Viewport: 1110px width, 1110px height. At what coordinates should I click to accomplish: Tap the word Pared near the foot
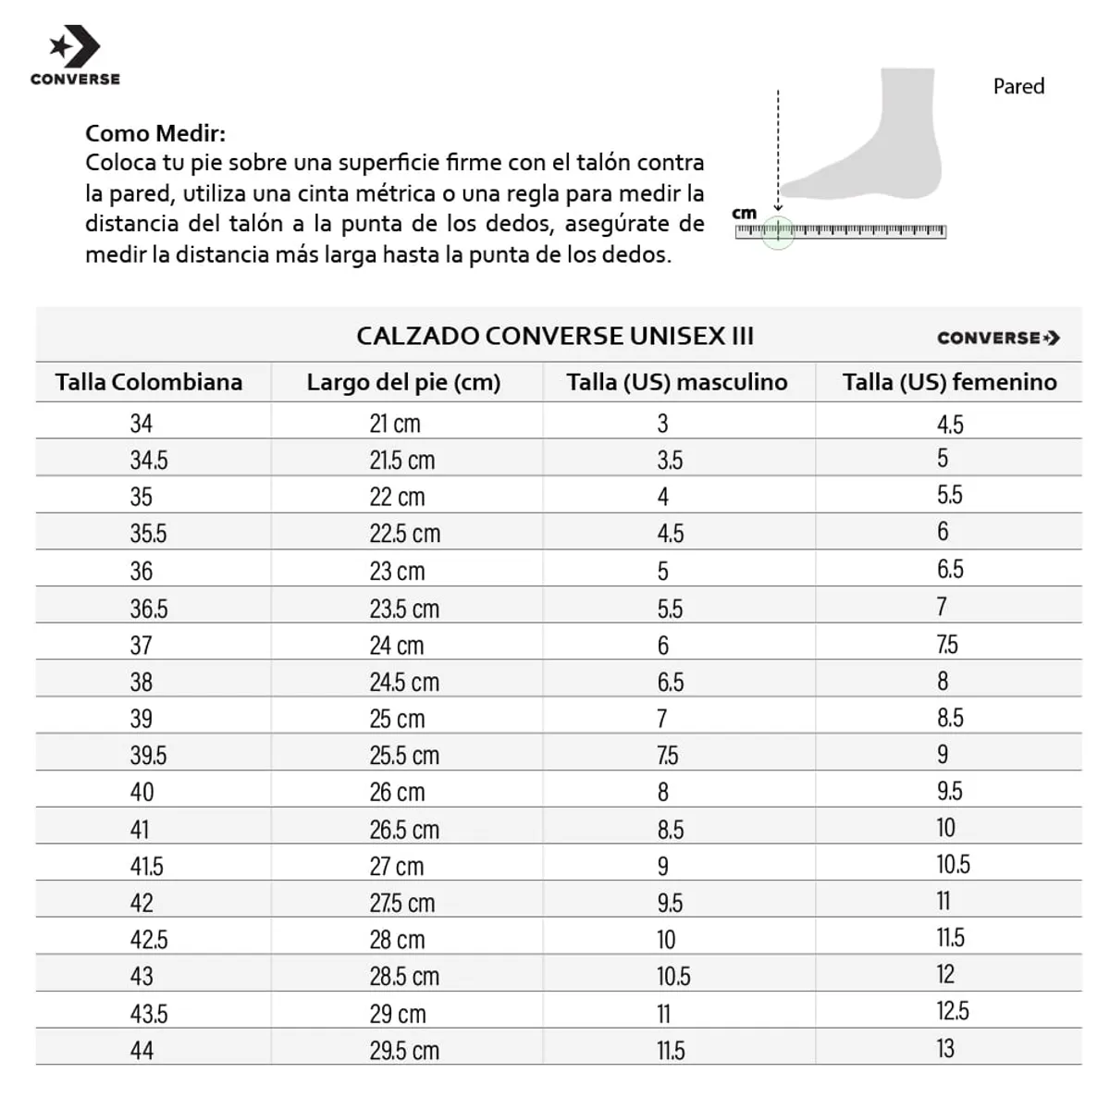point(1018,86)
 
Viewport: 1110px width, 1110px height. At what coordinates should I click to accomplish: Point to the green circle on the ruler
point(778,231)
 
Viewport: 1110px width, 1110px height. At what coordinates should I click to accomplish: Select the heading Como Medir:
point(155,133)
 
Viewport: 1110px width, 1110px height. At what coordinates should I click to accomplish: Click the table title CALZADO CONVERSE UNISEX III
point(555,336)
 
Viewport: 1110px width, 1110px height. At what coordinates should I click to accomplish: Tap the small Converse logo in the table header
point(998,338)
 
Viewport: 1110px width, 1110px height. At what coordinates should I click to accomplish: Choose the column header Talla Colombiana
point(149,382)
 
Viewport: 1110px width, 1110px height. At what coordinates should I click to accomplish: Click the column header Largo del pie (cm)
point(403,382)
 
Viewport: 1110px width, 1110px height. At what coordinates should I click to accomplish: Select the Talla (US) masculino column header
point(677,382)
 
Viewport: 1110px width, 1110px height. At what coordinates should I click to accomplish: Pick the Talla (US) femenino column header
point(949,382)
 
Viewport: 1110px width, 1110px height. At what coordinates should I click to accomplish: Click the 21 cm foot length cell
point(395,424)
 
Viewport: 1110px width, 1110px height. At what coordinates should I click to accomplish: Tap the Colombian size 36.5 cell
point(149,609)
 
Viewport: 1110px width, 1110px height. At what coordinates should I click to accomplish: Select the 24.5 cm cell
point(404,682)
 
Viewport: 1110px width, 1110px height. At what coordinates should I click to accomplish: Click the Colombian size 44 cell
point(142,1050)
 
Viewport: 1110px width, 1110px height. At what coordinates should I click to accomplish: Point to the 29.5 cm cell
point(404,1050)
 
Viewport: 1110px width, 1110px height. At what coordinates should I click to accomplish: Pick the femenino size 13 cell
point(944,1048)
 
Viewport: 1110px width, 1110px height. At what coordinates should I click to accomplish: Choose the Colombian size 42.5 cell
point(149,939)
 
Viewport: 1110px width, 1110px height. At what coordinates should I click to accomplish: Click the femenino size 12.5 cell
point(952,1011)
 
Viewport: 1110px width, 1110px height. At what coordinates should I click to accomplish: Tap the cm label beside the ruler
point(745,214)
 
